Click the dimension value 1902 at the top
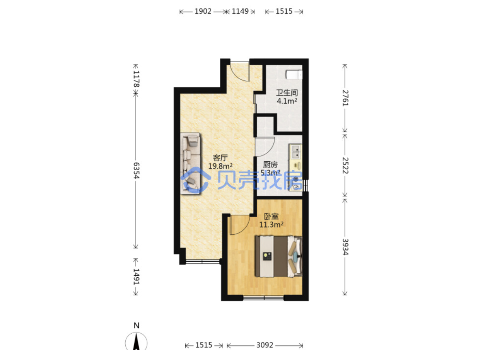pos(203,11)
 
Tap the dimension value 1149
pos(240,11)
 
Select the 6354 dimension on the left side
pos(136,171)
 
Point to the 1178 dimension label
pos(136,79)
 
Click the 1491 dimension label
pos(136,276)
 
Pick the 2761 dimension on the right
pos(345,98)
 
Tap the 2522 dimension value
pos(345,165)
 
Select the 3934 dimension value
pos(345,246)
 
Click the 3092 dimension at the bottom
pos(265,345)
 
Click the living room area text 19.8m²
pos(220,166)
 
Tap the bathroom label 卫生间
pos(287,92)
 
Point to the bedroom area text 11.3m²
pos(271,225)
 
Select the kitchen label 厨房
pos(270,165)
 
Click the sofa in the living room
pos(191,163)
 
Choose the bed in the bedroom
pos(279,256)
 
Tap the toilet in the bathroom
pos(294,75)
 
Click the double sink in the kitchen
pos(296,152)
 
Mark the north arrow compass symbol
pos(136,342)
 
